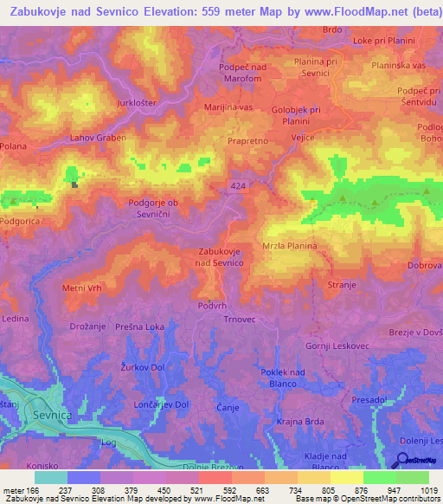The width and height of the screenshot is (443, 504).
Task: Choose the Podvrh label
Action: click(213, 305)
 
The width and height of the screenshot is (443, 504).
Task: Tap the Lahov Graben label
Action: click(98, 138)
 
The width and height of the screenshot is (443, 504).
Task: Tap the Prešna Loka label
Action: click(141, 327)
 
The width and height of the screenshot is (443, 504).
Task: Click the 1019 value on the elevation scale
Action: click(425, 488)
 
